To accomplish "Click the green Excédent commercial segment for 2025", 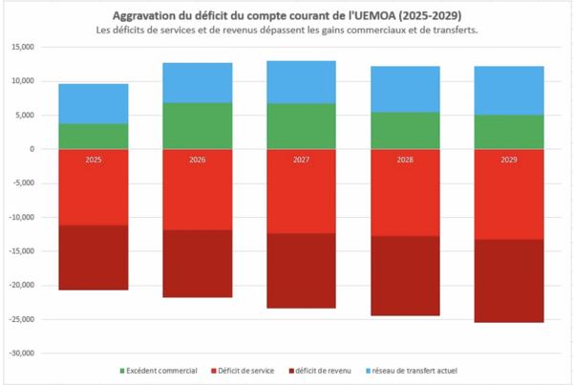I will point(93,136).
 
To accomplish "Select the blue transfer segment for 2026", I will point(197,82).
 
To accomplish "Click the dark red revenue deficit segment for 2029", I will point(508,281).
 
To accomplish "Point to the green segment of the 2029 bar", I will point(508,132).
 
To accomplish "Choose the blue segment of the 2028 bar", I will point(404,89).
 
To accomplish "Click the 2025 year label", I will point(93,160).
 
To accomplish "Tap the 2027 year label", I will point(300,160).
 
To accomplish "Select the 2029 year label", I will point(508,160).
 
